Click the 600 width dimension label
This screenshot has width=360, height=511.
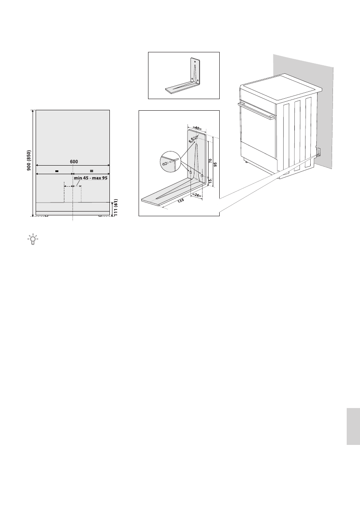73,161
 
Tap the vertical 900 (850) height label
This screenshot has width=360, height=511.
29,163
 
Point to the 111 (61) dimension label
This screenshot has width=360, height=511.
116,208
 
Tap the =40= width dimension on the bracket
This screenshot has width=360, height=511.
197,127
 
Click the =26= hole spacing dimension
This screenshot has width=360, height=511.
197,195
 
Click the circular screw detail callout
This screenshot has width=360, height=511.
167,162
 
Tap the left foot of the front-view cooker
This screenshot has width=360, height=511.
46,216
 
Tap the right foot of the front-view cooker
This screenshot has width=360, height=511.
100,216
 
